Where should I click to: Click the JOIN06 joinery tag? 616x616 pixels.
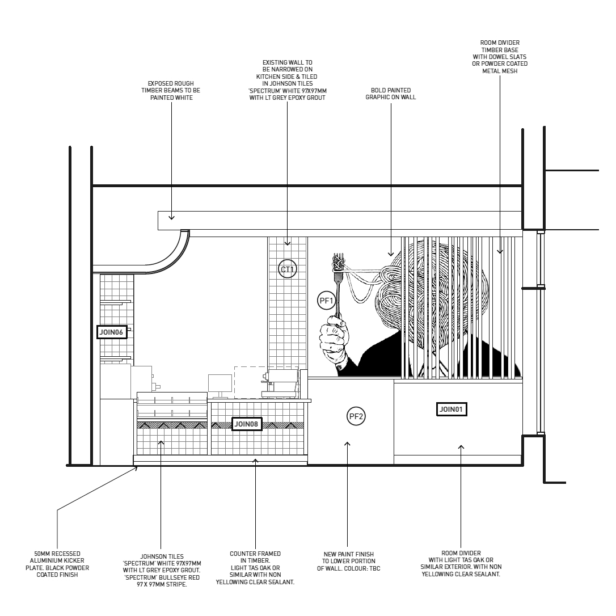click(x=111, y=332)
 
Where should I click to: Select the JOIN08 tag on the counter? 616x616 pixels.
click(x=247, y=424)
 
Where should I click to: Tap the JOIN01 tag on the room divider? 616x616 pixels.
click(x=452, y=408)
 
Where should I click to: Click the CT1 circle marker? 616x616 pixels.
click(x=288, y=269)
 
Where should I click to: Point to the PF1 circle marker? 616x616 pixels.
click(x=326, y=300)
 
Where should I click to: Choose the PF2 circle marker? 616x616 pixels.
click(x=356, y=417)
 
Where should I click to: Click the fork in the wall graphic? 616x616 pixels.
click(x=339, y=284)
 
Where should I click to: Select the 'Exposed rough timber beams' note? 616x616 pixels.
click(x=171, y=94)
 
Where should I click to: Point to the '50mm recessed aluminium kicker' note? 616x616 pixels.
click(x=57, y=564)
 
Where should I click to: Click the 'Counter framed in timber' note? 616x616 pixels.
click(x=255, y=568)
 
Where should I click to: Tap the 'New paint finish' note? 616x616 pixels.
click(x=349, y=560)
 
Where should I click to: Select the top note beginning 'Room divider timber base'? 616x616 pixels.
click(x=500, y=57)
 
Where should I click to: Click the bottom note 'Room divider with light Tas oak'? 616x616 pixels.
click(x=461, y=564)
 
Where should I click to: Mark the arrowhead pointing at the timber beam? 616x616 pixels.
click(x=171, y=216)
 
